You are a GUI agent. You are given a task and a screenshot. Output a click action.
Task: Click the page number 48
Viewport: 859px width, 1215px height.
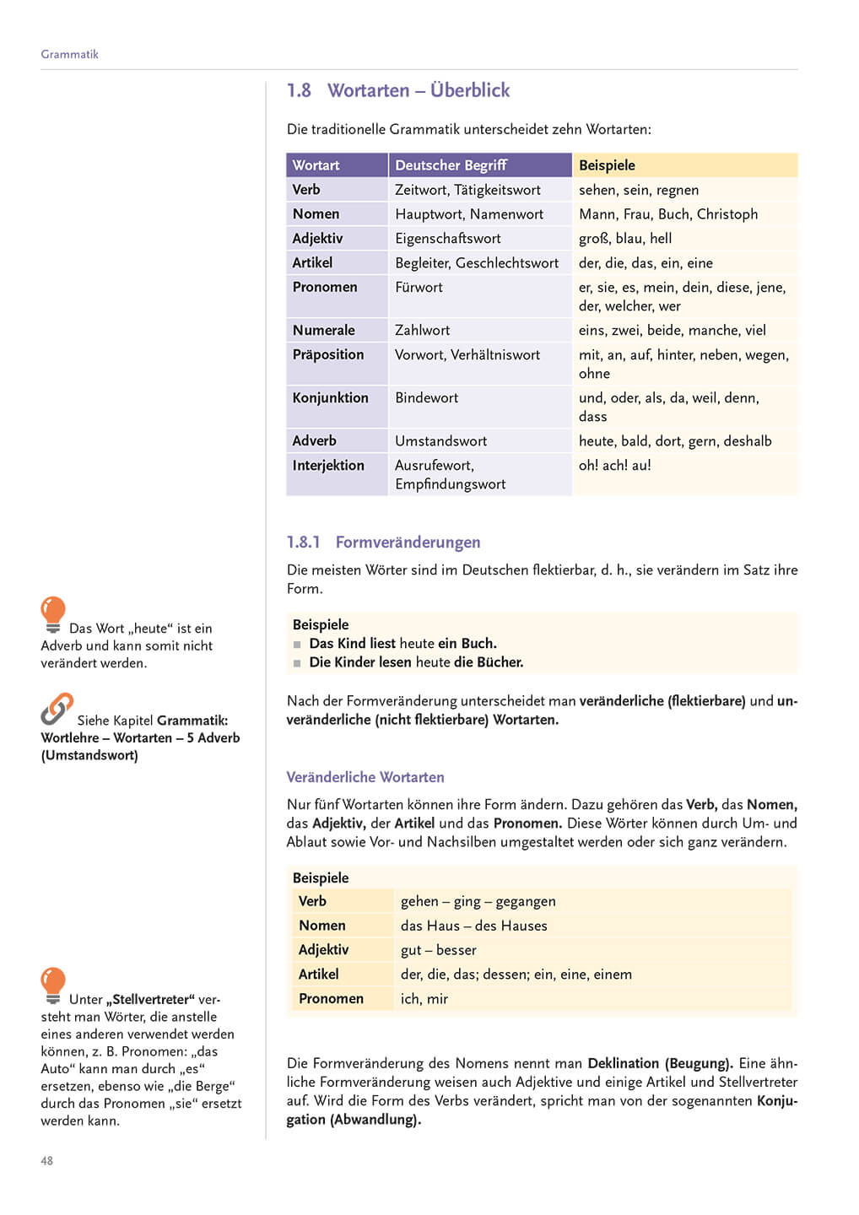tap(46, 1161)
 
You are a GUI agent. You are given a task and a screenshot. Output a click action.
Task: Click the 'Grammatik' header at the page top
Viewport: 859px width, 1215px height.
tap(69, 54)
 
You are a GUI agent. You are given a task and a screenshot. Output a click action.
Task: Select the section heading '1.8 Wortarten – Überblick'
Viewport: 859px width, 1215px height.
tap(398, 90)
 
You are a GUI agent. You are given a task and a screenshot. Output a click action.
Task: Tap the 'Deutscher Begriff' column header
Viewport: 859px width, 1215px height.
tap(451, 165)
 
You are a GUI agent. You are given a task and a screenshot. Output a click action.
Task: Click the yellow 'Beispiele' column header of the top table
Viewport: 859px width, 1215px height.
tap(607, 165)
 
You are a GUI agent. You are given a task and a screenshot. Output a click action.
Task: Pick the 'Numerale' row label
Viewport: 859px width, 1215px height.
tap(323, 330)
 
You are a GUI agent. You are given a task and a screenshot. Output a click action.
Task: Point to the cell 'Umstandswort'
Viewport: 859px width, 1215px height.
tap(440, 440)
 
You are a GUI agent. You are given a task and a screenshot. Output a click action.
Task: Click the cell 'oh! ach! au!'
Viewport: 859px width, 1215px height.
tap(614, 465)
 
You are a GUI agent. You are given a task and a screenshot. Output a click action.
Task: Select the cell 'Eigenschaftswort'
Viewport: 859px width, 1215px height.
tap(447, 239)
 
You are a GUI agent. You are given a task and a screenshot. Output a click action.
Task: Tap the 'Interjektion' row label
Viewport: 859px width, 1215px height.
tap(328, 465)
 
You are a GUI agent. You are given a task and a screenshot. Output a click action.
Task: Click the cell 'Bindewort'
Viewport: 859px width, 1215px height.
tap(426, 397)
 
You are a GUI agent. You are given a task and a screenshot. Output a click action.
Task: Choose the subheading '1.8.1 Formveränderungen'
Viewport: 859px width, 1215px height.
tap(383, 542)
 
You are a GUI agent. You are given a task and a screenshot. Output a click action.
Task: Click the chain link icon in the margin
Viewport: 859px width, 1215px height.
tap(57, 710)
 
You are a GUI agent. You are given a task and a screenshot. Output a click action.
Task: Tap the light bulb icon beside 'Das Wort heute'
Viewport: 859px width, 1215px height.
tap(53, 613)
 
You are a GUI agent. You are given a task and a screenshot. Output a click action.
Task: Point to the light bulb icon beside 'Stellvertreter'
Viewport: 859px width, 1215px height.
tap(53, 985)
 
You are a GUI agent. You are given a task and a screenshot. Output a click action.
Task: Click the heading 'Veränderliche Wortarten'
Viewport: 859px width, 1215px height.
tap(365, 777)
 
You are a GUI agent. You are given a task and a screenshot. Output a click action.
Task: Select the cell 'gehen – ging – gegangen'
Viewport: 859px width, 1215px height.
tap(478, 901)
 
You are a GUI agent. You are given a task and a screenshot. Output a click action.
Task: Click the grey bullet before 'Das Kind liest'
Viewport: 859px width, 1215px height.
tap(297, 645)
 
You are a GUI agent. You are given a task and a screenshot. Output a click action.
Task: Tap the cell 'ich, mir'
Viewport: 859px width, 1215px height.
tap(424, 999)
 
